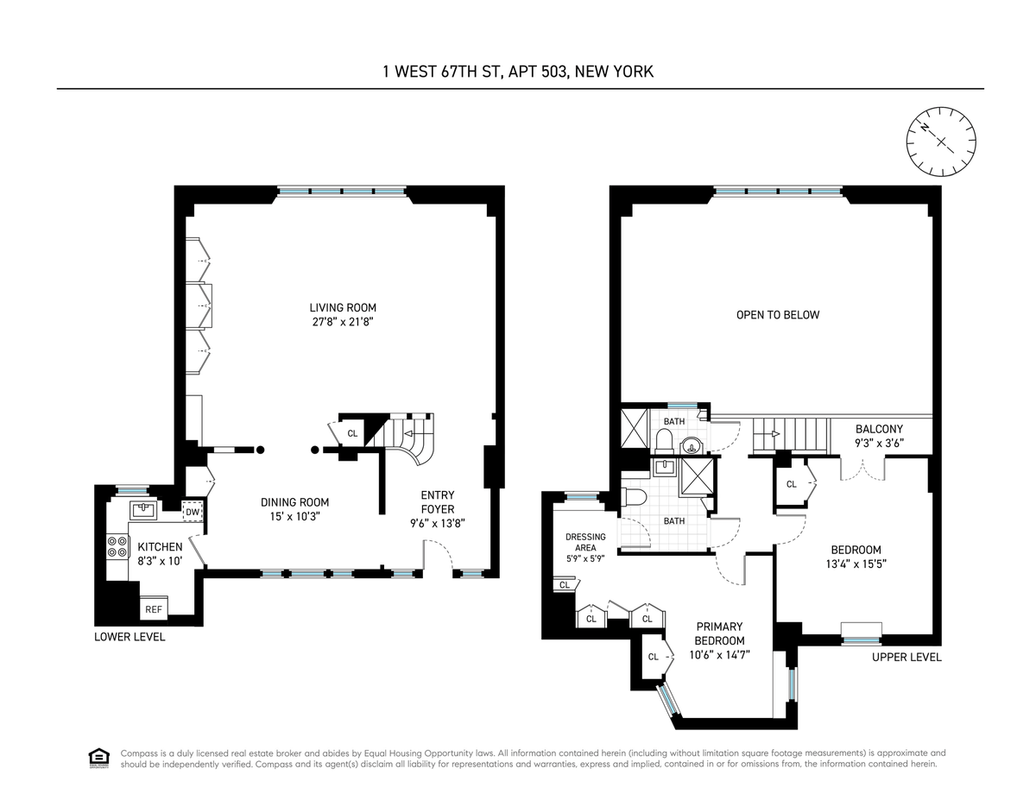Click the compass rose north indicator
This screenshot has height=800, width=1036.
(x=925, y=128)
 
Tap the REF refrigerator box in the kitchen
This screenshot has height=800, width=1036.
(x=154, y=609)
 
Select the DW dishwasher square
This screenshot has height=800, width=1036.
(x=193, y=513)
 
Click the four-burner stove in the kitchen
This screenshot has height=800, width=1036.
(x=117, y=546)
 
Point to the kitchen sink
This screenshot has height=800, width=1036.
(x=143, y=510)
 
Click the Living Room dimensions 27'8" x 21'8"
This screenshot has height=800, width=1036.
(x=343, y=322)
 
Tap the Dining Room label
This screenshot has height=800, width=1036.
(x=294, y=502)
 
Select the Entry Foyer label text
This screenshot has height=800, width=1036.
(x=438, y=502)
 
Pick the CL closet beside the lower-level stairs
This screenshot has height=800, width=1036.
(x=352, y=433)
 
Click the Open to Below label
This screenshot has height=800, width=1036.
(x=778, y=315)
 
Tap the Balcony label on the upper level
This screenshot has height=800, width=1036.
(x=879, y=429)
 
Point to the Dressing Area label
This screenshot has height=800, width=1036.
(x=585, y=542)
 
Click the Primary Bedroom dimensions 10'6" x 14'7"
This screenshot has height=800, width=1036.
(x=719, y=655)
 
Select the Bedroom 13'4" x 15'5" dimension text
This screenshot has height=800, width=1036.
(x=856, y=564)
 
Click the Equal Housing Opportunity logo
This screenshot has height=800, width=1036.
(x=99, y=759)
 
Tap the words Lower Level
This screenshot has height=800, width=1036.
(x=129, y=637)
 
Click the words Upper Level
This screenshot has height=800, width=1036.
(x=906, y=658)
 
